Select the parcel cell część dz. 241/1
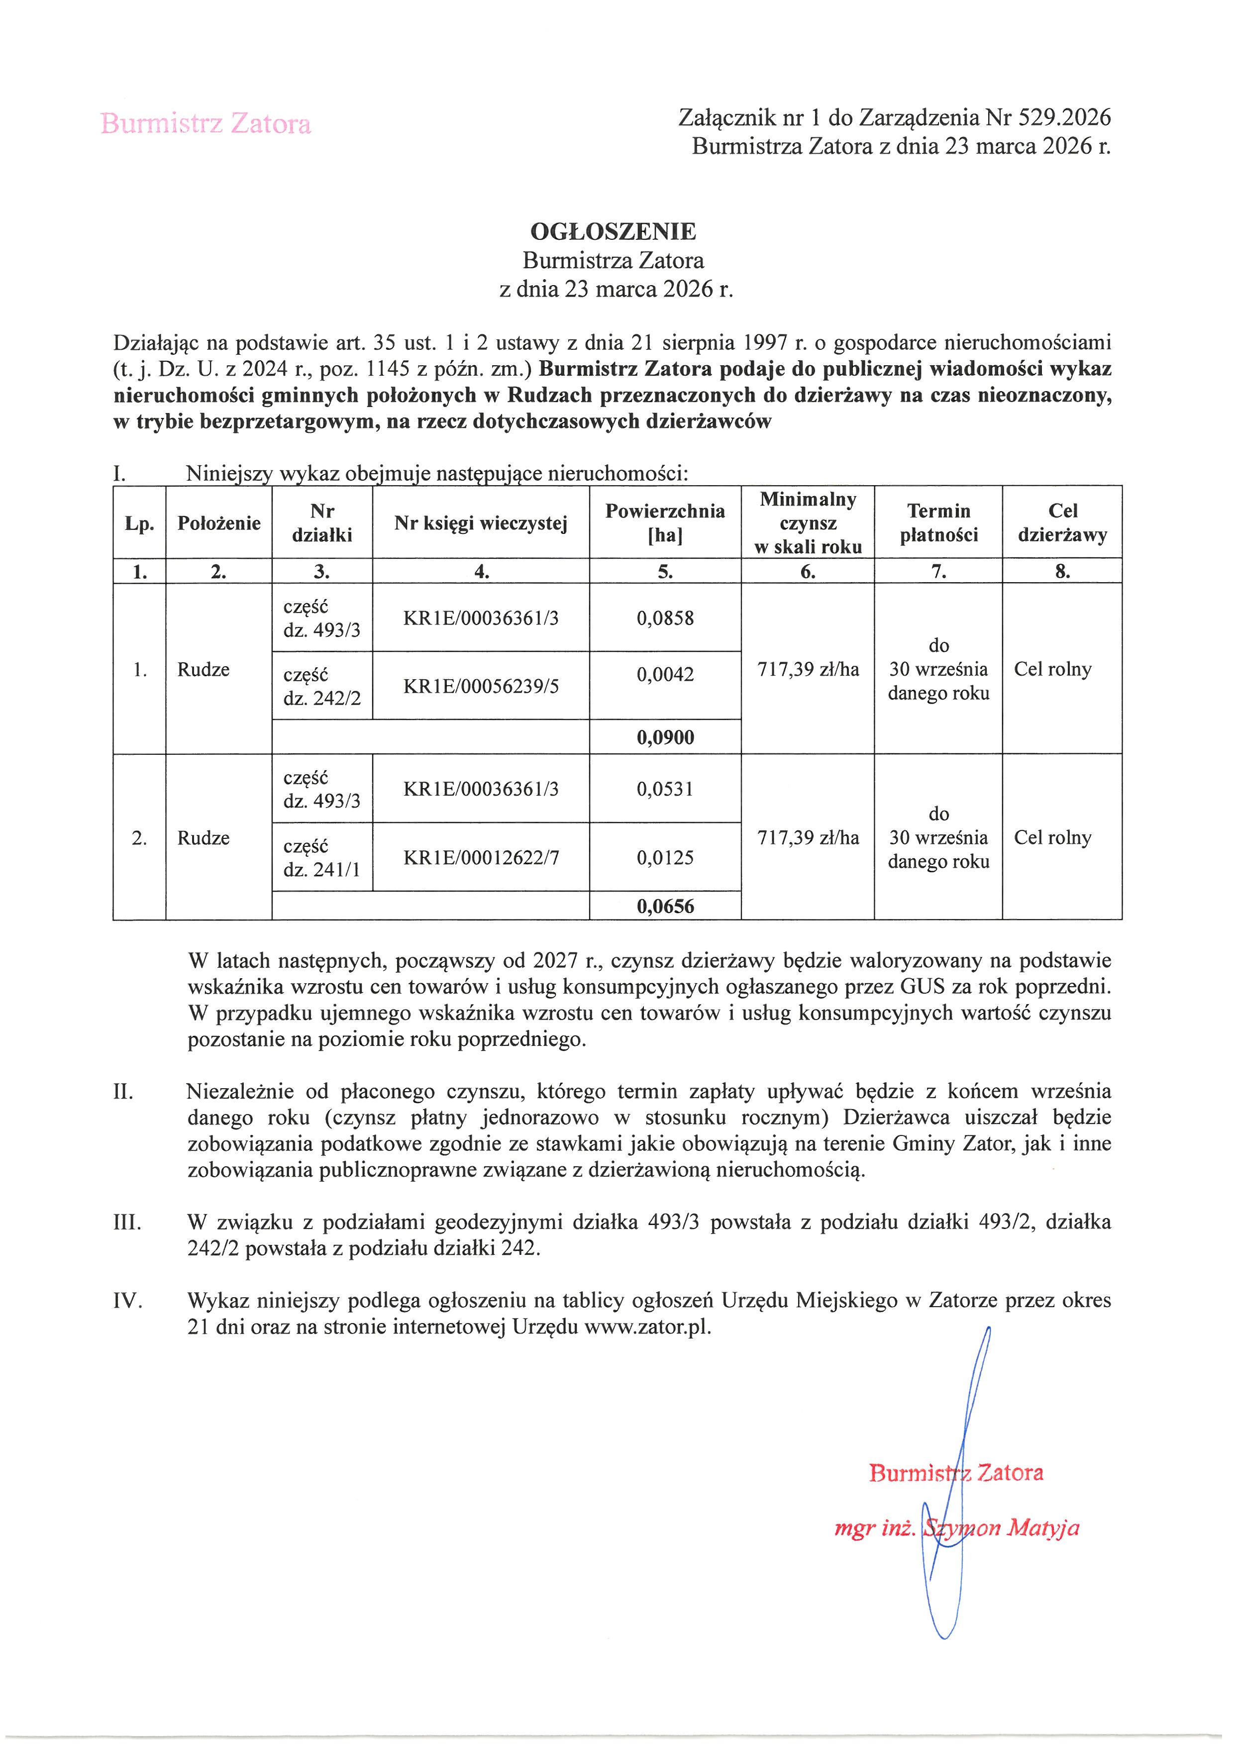click(321, 857)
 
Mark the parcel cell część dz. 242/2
click(321, 686)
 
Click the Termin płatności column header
click(938, 523)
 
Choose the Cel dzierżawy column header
click(1062, 523)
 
